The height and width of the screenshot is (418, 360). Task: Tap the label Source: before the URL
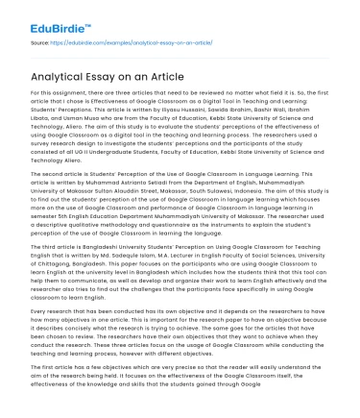40,43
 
